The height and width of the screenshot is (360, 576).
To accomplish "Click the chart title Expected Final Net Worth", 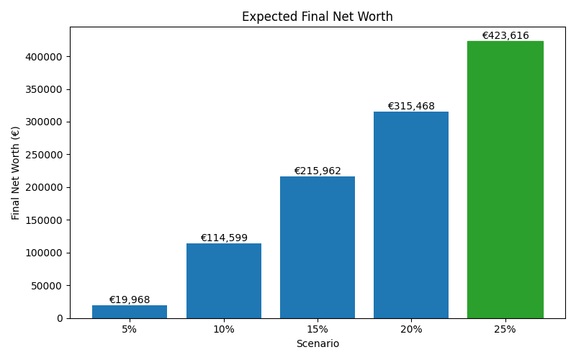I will click(x=317, y=17).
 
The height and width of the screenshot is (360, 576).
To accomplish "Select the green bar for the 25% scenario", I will click(x=505, y=179).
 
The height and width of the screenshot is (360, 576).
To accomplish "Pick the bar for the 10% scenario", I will click(x=224, y=280).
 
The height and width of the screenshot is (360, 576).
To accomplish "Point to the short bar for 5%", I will click(x=130, y=312).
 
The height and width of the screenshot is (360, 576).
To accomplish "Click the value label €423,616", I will click(x=505, y=35).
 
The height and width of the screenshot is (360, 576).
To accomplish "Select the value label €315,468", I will click(x=411, y=106).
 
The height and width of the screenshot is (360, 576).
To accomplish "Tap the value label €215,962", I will click(x=318, y=171).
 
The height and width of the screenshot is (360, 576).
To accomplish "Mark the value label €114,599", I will click(x=224, y=238).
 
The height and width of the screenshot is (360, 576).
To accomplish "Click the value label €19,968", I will click(x=130, y=300).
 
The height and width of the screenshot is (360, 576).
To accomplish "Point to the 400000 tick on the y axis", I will click(x=44, y=57).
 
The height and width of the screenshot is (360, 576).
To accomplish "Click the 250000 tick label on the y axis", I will click(x=44, y=155).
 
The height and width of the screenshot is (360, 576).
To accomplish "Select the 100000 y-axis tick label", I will click(x=44, y=253).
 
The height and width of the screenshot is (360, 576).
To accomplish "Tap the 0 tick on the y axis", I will click(x=60, y=318).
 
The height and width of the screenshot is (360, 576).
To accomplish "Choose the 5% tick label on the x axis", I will click(x=130, y=329).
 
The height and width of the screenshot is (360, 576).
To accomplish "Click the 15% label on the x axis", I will click(x=318, y=329).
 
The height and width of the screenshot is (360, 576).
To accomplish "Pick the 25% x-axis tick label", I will click(x=505, y=329).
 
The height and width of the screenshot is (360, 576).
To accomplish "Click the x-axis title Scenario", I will click(x=318, y=344).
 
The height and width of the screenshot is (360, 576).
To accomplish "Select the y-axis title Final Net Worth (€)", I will click(x=16, y=173).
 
